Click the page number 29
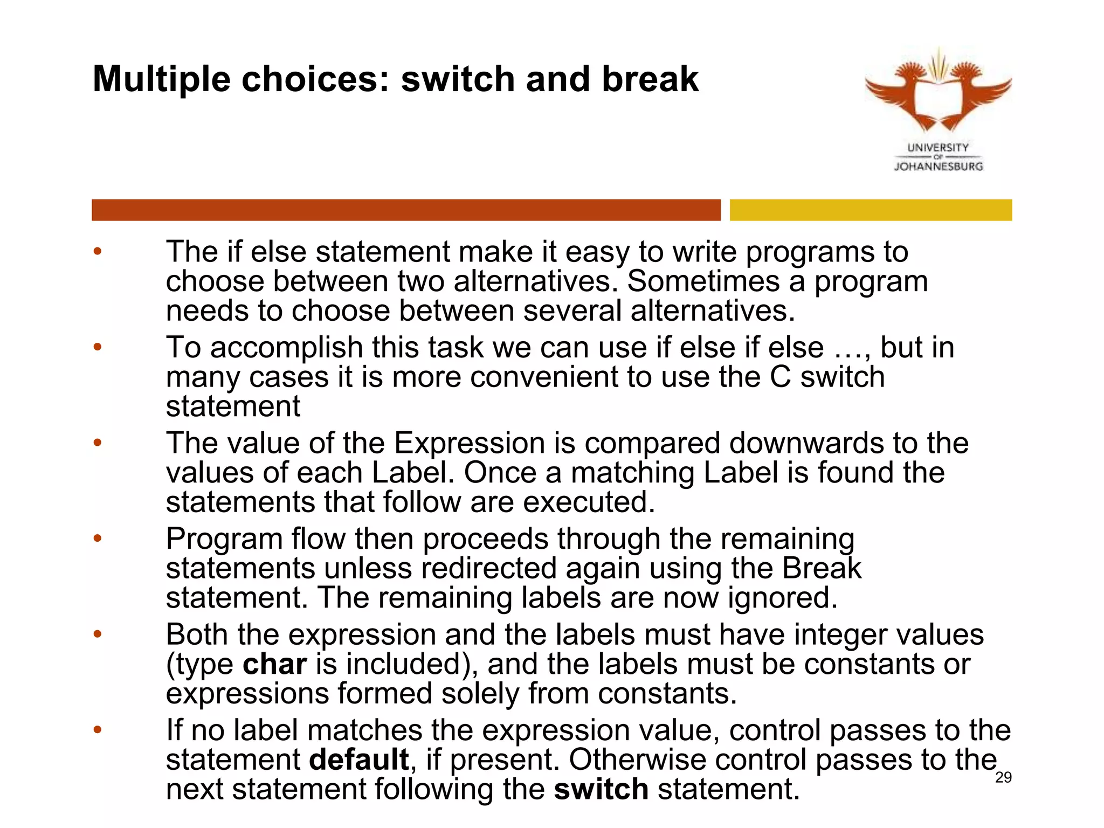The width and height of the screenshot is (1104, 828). (x=1003, y=777)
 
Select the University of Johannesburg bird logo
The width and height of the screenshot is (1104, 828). (x=938, y=92)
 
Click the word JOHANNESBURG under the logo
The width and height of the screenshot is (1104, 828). (x=939, y=167)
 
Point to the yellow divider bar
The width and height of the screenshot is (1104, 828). (x=871, y=210)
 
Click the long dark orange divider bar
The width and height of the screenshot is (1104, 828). (x=405, y=210)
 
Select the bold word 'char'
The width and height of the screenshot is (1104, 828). (x=274, y=664)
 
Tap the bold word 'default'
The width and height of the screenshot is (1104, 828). (x=358, y=760)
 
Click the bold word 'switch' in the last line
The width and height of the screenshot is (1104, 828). (x=601, y=789)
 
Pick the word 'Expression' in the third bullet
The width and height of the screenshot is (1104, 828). (x=469, y=444)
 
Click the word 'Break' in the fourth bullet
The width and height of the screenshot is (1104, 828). (x=822, y=569)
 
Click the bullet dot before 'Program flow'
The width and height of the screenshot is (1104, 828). (x=97, y=539)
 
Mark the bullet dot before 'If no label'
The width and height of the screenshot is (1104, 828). (x=97, y=730)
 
